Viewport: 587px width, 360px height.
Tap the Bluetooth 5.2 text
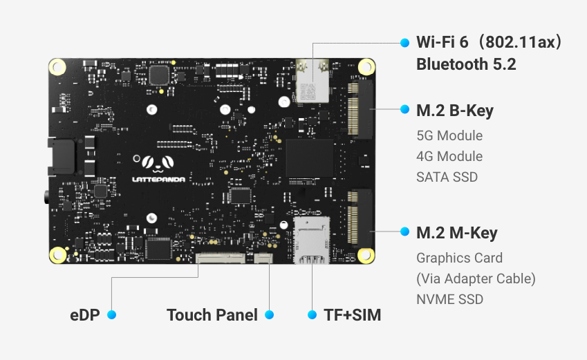(466, 64)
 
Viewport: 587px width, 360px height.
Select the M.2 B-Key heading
(455, 111)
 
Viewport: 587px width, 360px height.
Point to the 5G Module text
(449, 135)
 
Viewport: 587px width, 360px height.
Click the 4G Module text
(449, 156)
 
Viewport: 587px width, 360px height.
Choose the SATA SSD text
(447, 177)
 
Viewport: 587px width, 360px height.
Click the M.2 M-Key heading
(456, 234)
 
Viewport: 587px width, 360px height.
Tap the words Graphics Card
(459, 258)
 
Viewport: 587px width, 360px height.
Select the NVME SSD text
(449, 299)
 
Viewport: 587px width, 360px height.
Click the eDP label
(85, 315)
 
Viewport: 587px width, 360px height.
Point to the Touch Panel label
(212, 315)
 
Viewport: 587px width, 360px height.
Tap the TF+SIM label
(352, 315)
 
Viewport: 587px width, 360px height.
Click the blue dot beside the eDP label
(111, 315)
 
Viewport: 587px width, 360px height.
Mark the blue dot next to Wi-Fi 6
(405, 43)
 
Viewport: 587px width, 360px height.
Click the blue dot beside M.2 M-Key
(405, 232)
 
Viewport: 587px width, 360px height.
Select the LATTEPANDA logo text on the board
(158, 178)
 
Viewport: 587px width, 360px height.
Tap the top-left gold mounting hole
(58, 67)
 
